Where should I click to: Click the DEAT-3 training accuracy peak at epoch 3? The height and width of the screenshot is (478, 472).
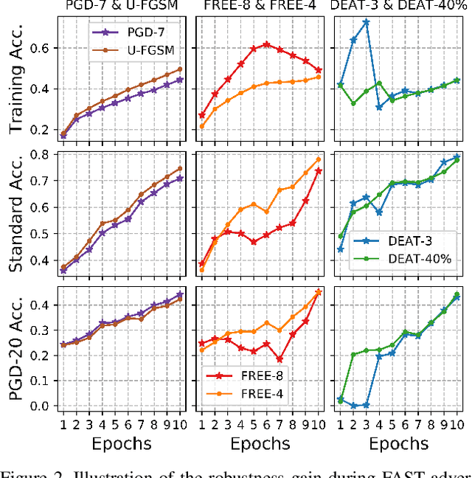click(366, 22)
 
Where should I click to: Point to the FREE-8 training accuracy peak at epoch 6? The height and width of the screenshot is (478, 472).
click(266, 44)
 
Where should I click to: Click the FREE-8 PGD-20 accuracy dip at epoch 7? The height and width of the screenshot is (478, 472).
click(280, 359)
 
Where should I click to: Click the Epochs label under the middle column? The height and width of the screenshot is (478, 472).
click(260, 444)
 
